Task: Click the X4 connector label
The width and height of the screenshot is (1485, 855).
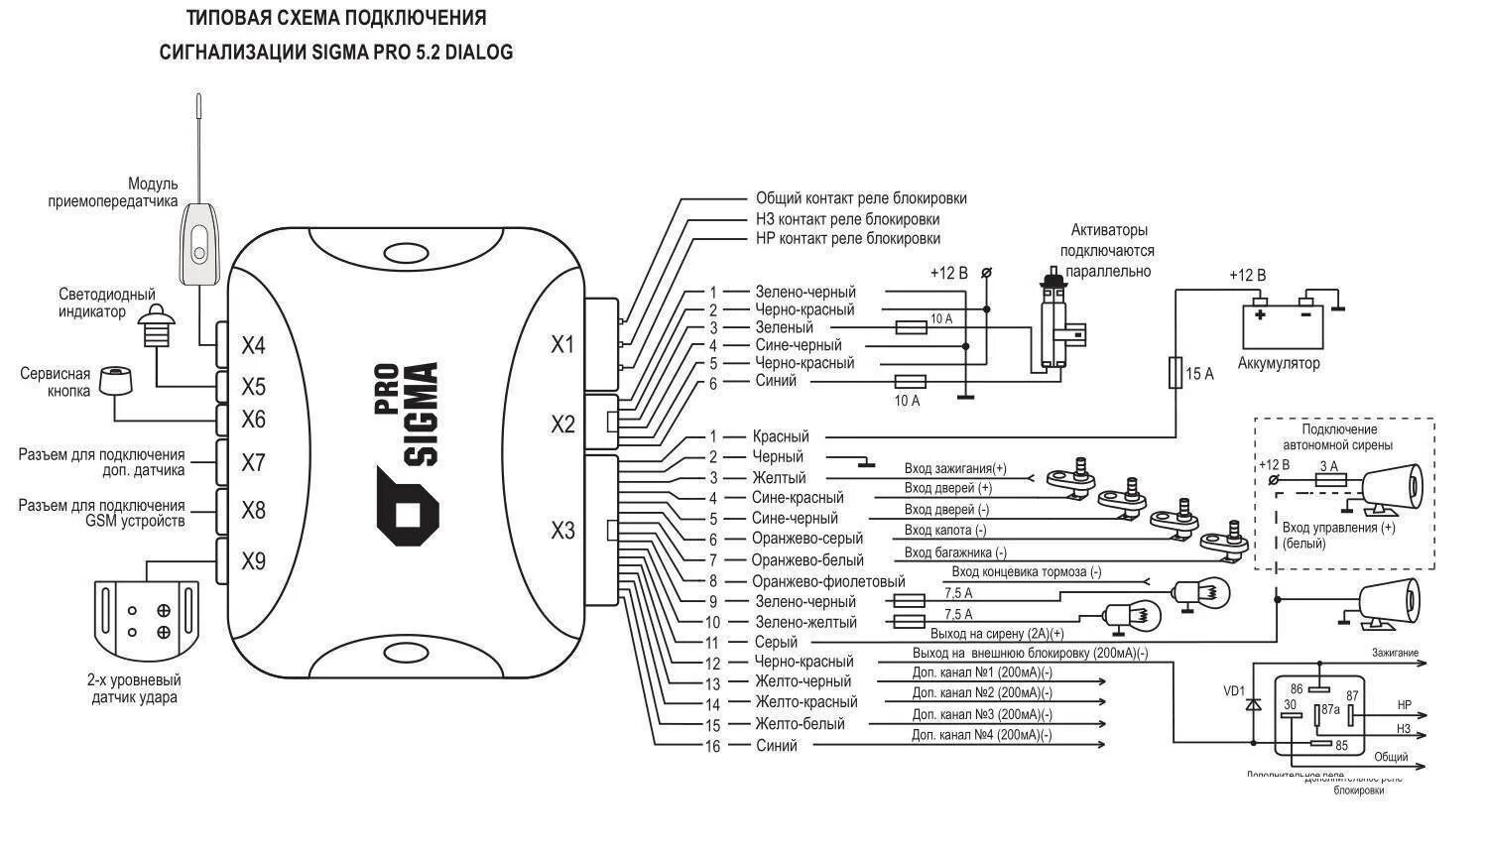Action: point(254,346)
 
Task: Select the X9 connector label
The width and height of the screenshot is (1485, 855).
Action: point(254,562)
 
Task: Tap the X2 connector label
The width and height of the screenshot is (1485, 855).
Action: point(562,425)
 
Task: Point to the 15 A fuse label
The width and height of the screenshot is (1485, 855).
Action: point(1199,374)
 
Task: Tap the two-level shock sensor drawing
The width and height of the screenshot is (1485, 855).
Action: point(147,617)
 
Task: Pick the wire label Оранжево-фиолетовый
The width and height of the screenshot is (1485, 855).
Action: point(827,581)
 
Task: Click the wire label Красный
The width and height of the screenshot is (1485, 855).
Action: point(781,436)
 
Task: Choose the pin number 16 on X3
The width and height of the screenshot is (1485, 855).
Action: point(712,746)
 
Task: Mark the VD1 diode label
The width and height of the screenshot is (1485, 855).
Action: point(1234,691)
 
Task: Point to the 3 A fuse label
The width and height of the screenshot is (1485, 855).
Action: point(1327,466)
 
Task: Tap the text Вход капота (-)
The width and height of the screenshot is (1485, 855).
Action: point(945,531)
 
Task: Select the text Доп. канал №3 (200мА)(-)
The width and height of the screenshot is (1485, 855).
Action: point(982,714)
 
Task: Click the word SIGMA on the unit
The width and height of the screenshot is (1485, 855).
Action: point(422,415)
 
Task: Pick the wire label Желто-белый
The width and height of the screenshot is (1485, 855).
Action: point(800,724)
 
